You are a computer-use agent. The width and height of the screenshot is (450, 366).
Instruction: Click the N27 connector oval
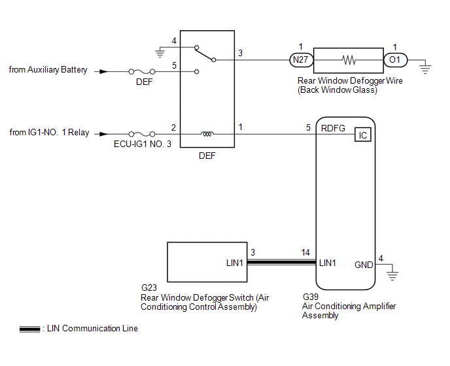(x=302, y=60)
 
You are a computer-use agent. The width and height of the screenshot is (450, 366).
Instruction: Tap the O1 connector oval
(x=394, y=60)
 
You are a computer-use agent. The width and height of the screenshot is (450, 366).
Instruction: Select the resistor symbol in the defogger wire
(x=349, y=60)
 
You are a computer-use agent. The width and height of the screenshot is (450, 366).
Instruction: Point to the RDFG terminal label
(x=333, y=129)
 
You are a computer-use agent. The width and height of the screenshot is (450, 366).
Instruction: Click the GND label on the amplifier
(x=364, y=265)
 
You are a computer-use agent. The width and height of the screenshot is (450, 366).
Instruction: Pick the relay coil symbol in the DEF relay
(x=208, y=134)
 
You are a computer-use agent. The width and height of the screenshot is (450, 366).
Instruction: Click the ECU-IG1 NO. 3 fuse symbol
(x=142, y=133)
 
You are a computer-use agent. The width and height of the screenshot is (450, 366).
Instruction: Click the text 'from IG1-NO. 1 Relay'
(x=49, y=133)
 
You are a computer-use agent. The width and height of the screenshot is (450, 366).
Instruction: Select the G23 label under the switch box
(x=148, y=287)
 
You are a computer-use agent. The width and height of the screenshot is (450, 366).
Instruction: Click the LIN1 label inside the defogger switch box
(x=232, y=263)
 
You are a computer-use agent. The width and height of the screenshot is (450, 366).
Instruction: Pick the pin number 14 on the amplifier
(x=305, y=252)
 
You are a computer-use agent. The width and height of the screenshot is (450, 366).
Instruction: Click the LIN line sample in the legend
(x=29, y=329)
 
